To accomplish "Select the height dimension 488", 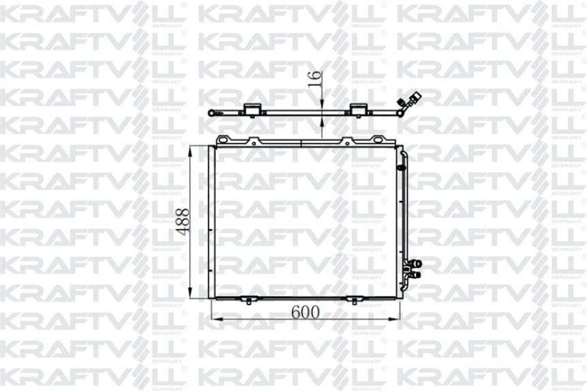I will [x=183, y=221].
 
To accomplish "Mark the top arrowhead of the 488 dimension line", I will [x=193, y=149].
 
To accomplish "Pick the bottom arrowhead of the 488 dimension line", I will [x=193, y=296].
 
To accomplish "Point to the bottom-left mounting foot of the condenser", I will [x=249, y=300].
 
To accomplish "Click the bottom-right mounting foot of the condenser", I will [x=353, y=300].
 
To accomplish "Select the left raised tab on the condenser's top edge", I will [x=253, y=141].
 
